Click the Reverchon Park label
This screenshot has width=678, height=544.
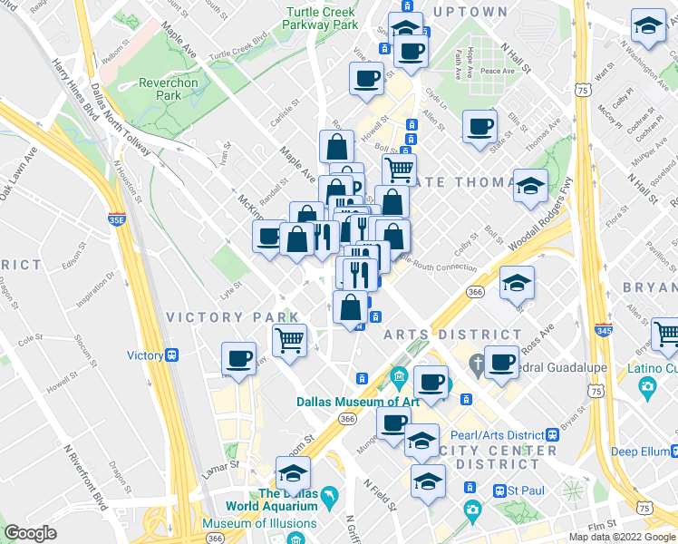pyautogui.click(x=169, y=89)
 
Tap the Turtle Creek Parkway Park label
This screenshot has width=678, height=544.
pyautogui.click(x=322, y=19)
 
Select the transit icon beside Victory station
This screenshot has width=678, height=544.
pyautogui.click(x=171, y=355)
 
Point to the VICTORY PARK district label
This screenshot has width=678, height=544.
pyautogui.click(x=233, y=317)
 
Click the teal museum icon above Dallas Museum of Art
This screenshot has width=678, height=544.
pyautogui.click(x=399, y=375)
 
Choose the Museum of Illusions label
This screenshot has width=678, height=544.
pyautogui.click(x=259, y=523)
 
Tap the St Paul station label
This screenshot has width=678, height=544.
pyautogui.click(x=530, y=491)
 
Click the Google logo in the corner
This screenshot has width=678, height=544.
pyautogui.click(x=30, y=533)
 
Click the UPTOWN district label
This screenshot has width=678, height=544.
pyautogui.click(x=470, y=12)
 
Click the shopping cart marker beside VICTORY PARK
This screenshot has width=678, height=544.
pyautogui.click(x=289, y=341)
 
